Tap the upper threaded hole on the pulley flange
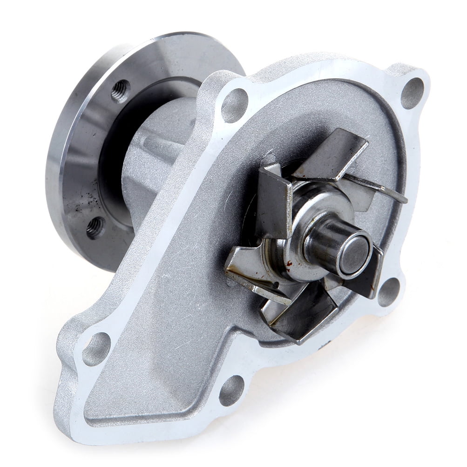coord(121,90)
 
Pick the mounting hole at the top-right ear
coord(412,93)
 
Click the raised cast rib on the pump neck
coord(158,144)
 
